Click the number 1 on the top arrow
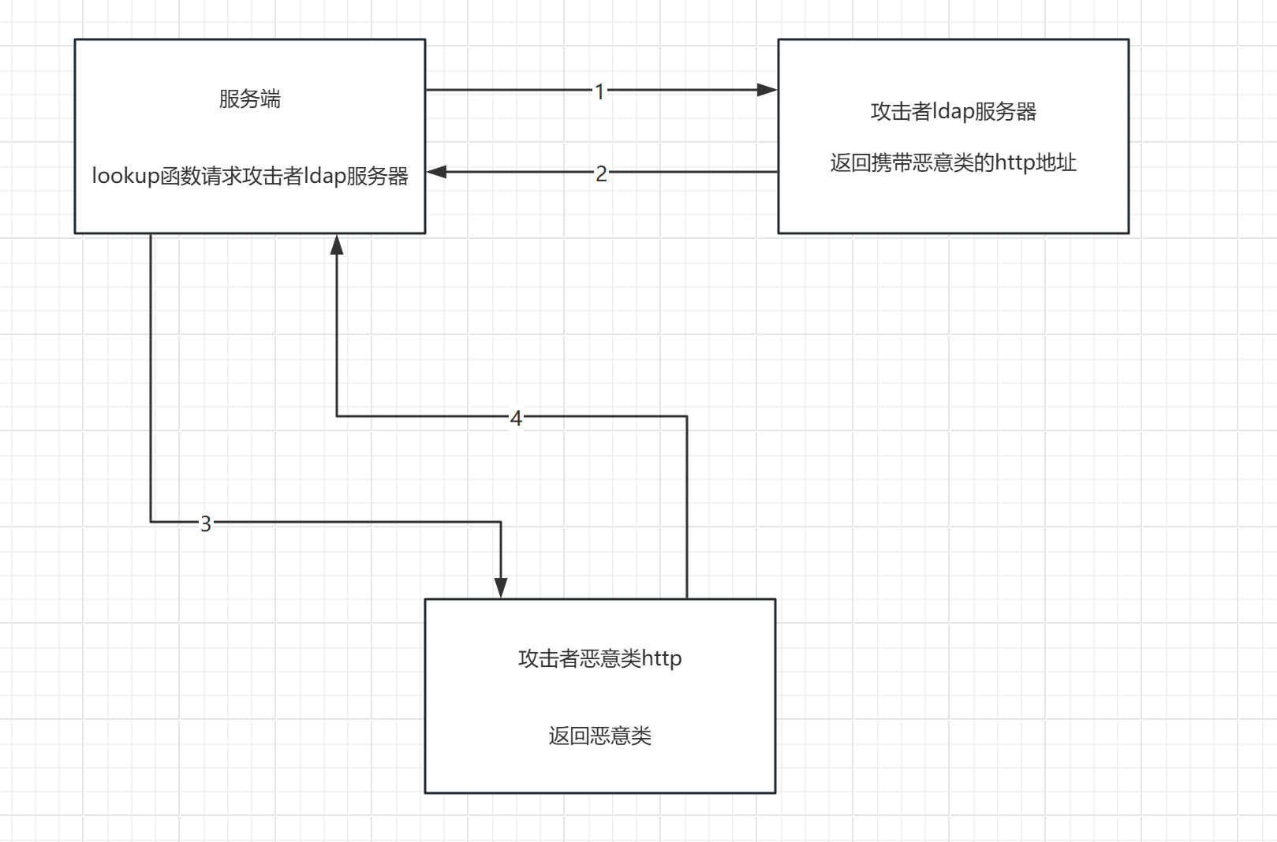(x=599, y=91)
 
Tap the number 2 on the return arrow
(x=601, y=173)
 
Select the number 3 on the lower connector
(x=206, y=523)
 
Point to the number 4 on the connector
(x=516, y=418)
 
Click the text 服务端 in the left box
(x=249, y=99)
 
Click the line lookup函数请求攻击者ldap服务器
(x=249, y=176)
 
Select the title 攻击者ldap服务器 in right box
(x=953, y=112)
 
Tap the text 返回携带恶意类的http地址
(x=953, y=163)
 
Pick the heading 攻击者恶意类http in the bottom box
(x=599, y=658)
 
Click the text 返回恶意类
(x=599, y=736)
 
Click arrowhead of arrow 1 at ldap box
(x=767, y=90)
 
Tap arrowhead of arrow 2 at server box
(x=436, y=172)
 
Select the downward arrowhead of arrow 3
(x=501, y=588)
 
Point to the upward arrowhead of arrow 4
(x=337, y=244)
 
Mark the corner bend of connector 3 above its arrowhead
(x=501, y=522)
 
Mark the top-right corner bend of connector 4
(x=687, y=416)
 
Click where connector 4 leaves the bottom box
(x=687, y=598)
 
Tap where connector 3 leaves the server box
(x=151, y=234)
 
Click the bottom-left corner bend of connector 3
(x=151, y=522)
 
